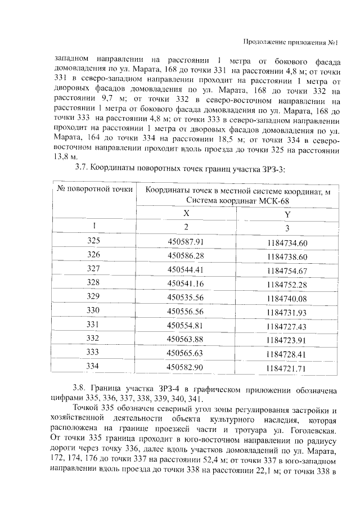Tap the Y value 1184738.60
pyautogui.click(x=288, y=256)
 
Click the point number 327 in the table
pyautogui.click(x=93, y=268)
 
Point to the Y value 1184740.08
pyautogui.click(x=288, y=299)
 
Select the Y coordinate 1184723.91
pyautogui.click(x=288, y=341)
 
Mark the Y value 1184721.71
pyautogui.click(x=288, y=369)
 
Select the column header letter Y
pyautogui.click(x=287, y=215)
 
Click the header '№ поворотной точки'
pyautogui.click(x=94, y=189)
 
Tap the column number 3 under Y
pyautogui.click(x=287, y=228)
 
